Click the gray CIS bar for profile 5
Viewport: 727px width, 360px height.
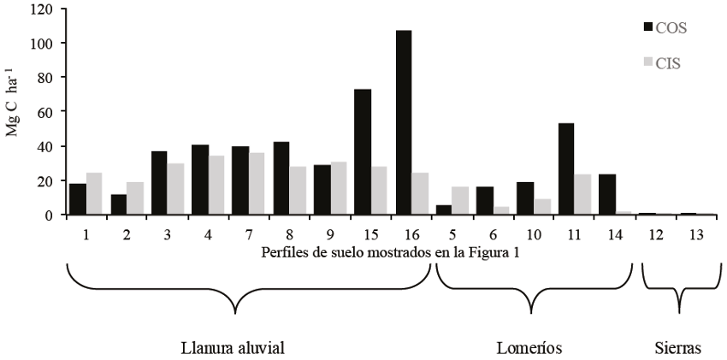click(x=459, y=200)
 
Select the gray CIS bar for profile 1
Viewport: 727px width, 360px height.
click(x=94, y=194)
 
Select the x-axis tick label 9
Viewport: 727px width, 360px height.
click(x=322, y=234)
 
